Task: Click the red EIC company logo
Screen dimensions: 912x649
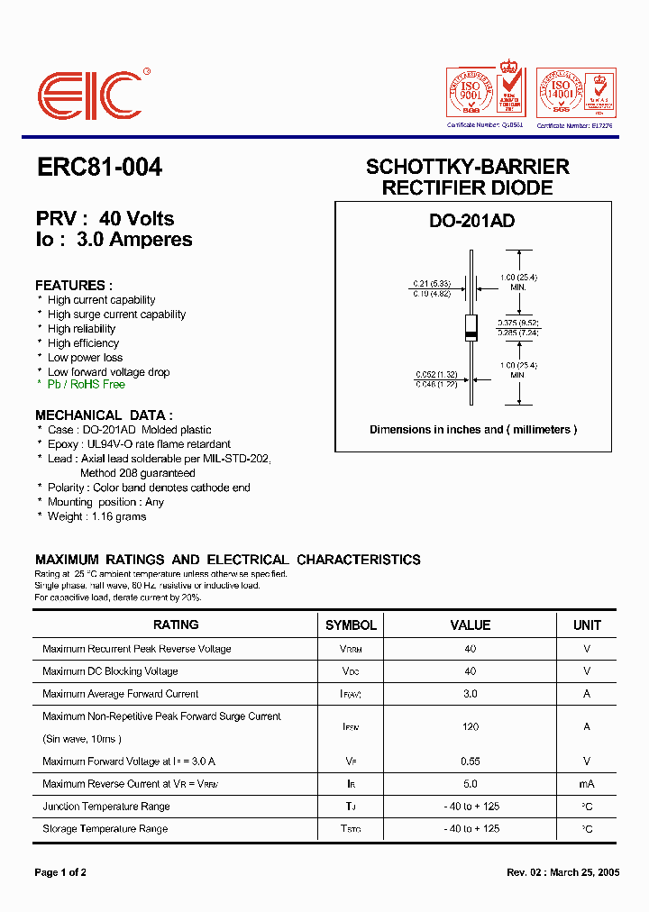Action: pyautogui.click(x=90, y=95)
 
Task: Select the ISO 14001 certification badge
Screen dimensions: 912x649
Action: pyautogui.click(x=576, y=93)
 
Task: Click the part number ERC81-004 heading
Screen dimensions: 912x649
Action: pyautogui.click(x=99, y=168)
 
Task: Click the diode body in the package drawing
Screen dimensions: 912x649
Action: pyautogui.click(x=470, y=327)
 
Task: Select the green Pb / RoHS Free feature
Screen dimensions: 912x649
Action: pyautogui.click(x=87, y=385)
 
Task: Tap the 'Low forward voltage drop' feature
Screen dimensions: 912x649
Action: pyautogui.click(x=108, y=372)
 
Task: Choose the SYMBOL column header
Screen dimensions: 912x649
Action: pyautogui.click(x=351, y=625)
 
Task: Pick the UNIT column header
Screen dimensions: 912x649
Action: pyautogui.click(x=587, y=625)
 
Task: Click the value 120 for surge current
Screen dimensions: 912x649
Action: pyautogui.click(x=470, y=727)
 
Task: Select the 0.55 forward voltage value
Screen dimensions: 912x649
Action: pyautogui.click(x=470, y=762)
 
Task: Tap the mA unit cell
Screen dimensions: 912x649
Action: pyautogui.click(x=587, y=784)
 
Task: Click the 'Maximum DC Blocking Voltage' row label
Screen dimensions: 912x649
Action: pyautogui.click(x=110, y=671)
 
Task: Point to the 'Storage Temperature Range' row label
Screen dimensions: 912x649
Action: pyautogui.click(x=105, y=829)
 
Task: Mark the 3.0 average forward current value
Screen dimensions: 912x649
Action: pyautogui.click(x=470, y=694)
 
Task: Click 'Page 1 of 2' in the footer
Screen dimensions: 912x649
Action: pyautogui.click(x=60, y=872)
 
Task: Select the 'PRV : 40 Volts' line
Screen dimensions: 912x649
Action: pyautogui.click(x=105, y=219)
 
